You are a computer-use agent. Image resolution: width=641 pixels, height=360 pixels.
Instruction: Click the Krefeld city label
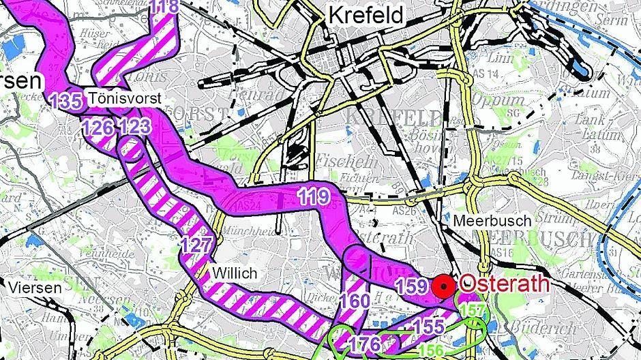366,14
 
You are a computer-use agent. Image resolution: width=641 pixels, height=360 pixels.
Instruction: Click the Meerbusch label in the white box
483,221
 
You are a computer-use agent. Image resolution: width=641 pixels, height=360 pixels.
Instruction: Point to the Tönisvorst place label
124,99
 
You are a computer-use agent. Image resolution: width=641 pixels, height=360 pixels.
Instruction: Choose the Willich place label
235,273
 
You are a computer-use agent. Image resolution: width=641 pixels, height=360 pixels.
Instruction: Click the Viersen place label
35,287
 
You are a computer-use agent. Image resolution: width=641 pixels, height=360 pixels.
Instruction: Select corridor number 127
198,243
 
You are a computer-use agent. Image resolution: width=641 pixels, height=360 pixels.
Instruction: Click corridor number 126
98,127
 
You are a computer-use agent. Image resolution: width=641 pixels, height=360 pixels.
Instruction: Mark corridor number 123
134,127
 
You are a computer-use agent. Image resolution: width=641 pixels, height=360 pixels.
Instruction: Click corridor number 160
355,301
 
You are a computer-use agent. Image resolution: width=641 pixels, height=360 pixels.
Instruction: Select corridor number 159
411,287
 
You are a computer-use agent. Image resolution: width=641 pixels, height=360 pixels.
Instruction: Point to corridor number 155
428,326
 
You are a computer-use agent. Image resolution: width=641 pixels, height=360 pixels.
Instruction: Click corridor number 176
364,344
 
